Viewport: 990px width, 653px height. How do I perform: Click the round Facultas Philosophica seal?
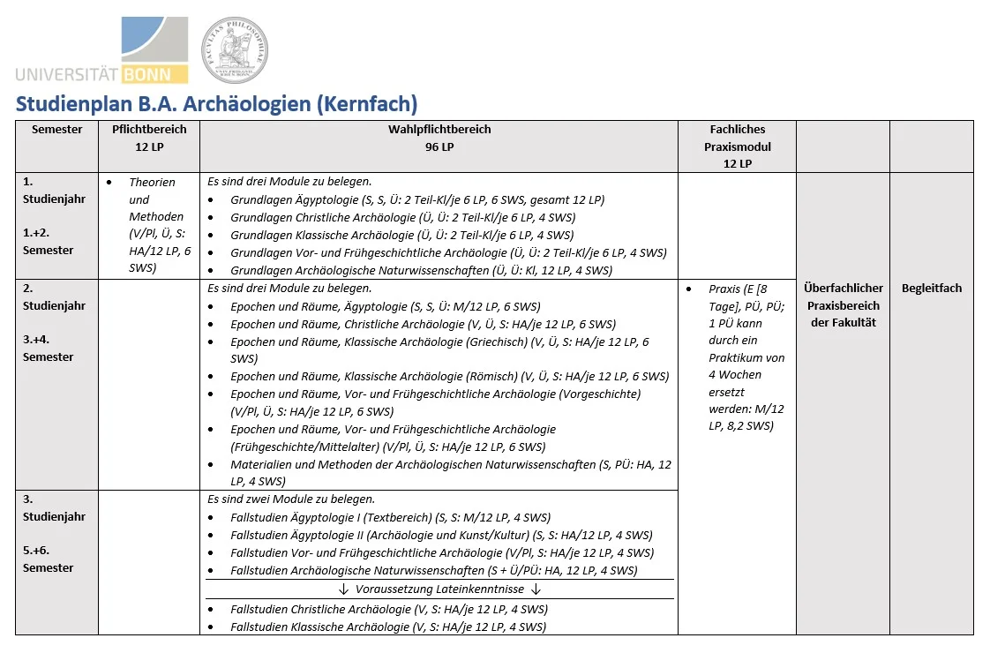[x=234, y=50]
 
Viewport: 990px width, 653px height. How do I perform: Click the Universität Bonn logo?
[x=101, y=50]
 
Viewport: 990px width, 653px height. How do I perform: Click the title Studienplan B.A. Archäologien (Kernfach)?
[x=216, y=104]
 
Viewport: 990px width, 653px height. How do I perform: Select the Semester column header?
[x=57, y=130]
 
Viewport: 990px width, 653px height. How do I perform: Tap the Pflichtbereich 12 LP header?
[x=149, y=139]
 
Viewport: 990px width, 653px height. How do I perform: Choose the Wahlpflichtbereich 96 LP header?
[x=439, y=139]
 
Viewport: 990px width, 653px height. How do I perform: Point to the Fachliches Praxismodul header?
[x=737, y=146]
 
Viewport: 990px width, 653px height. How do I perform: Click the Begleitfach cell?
[x=932, y=289]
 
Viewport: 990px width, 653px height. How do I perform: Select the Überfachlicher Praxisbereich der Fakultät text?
[x=843, y=305]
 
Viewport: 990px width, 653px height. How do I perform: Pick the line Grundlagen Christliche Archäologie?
[x=402, y=218]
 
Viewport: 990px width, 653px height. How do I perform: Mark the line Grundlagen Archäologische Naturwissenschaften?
[x=421, y=271]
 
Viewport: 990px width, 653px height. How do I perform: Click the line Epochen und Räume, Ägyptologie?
[x=385, y=306]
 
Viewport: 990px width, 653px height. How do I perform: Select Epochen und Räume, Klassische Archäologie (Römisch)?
[x=449, y=376]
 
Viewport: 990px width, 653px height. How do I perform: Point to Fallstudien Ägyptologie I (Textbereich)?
[x=390, y=517]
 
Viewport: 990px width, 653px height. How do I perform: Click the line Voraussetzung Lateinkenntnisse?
[x=439, y=589]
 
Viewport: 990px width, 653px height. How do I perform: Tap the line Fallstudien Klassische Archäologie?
[x=388, y=627]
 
